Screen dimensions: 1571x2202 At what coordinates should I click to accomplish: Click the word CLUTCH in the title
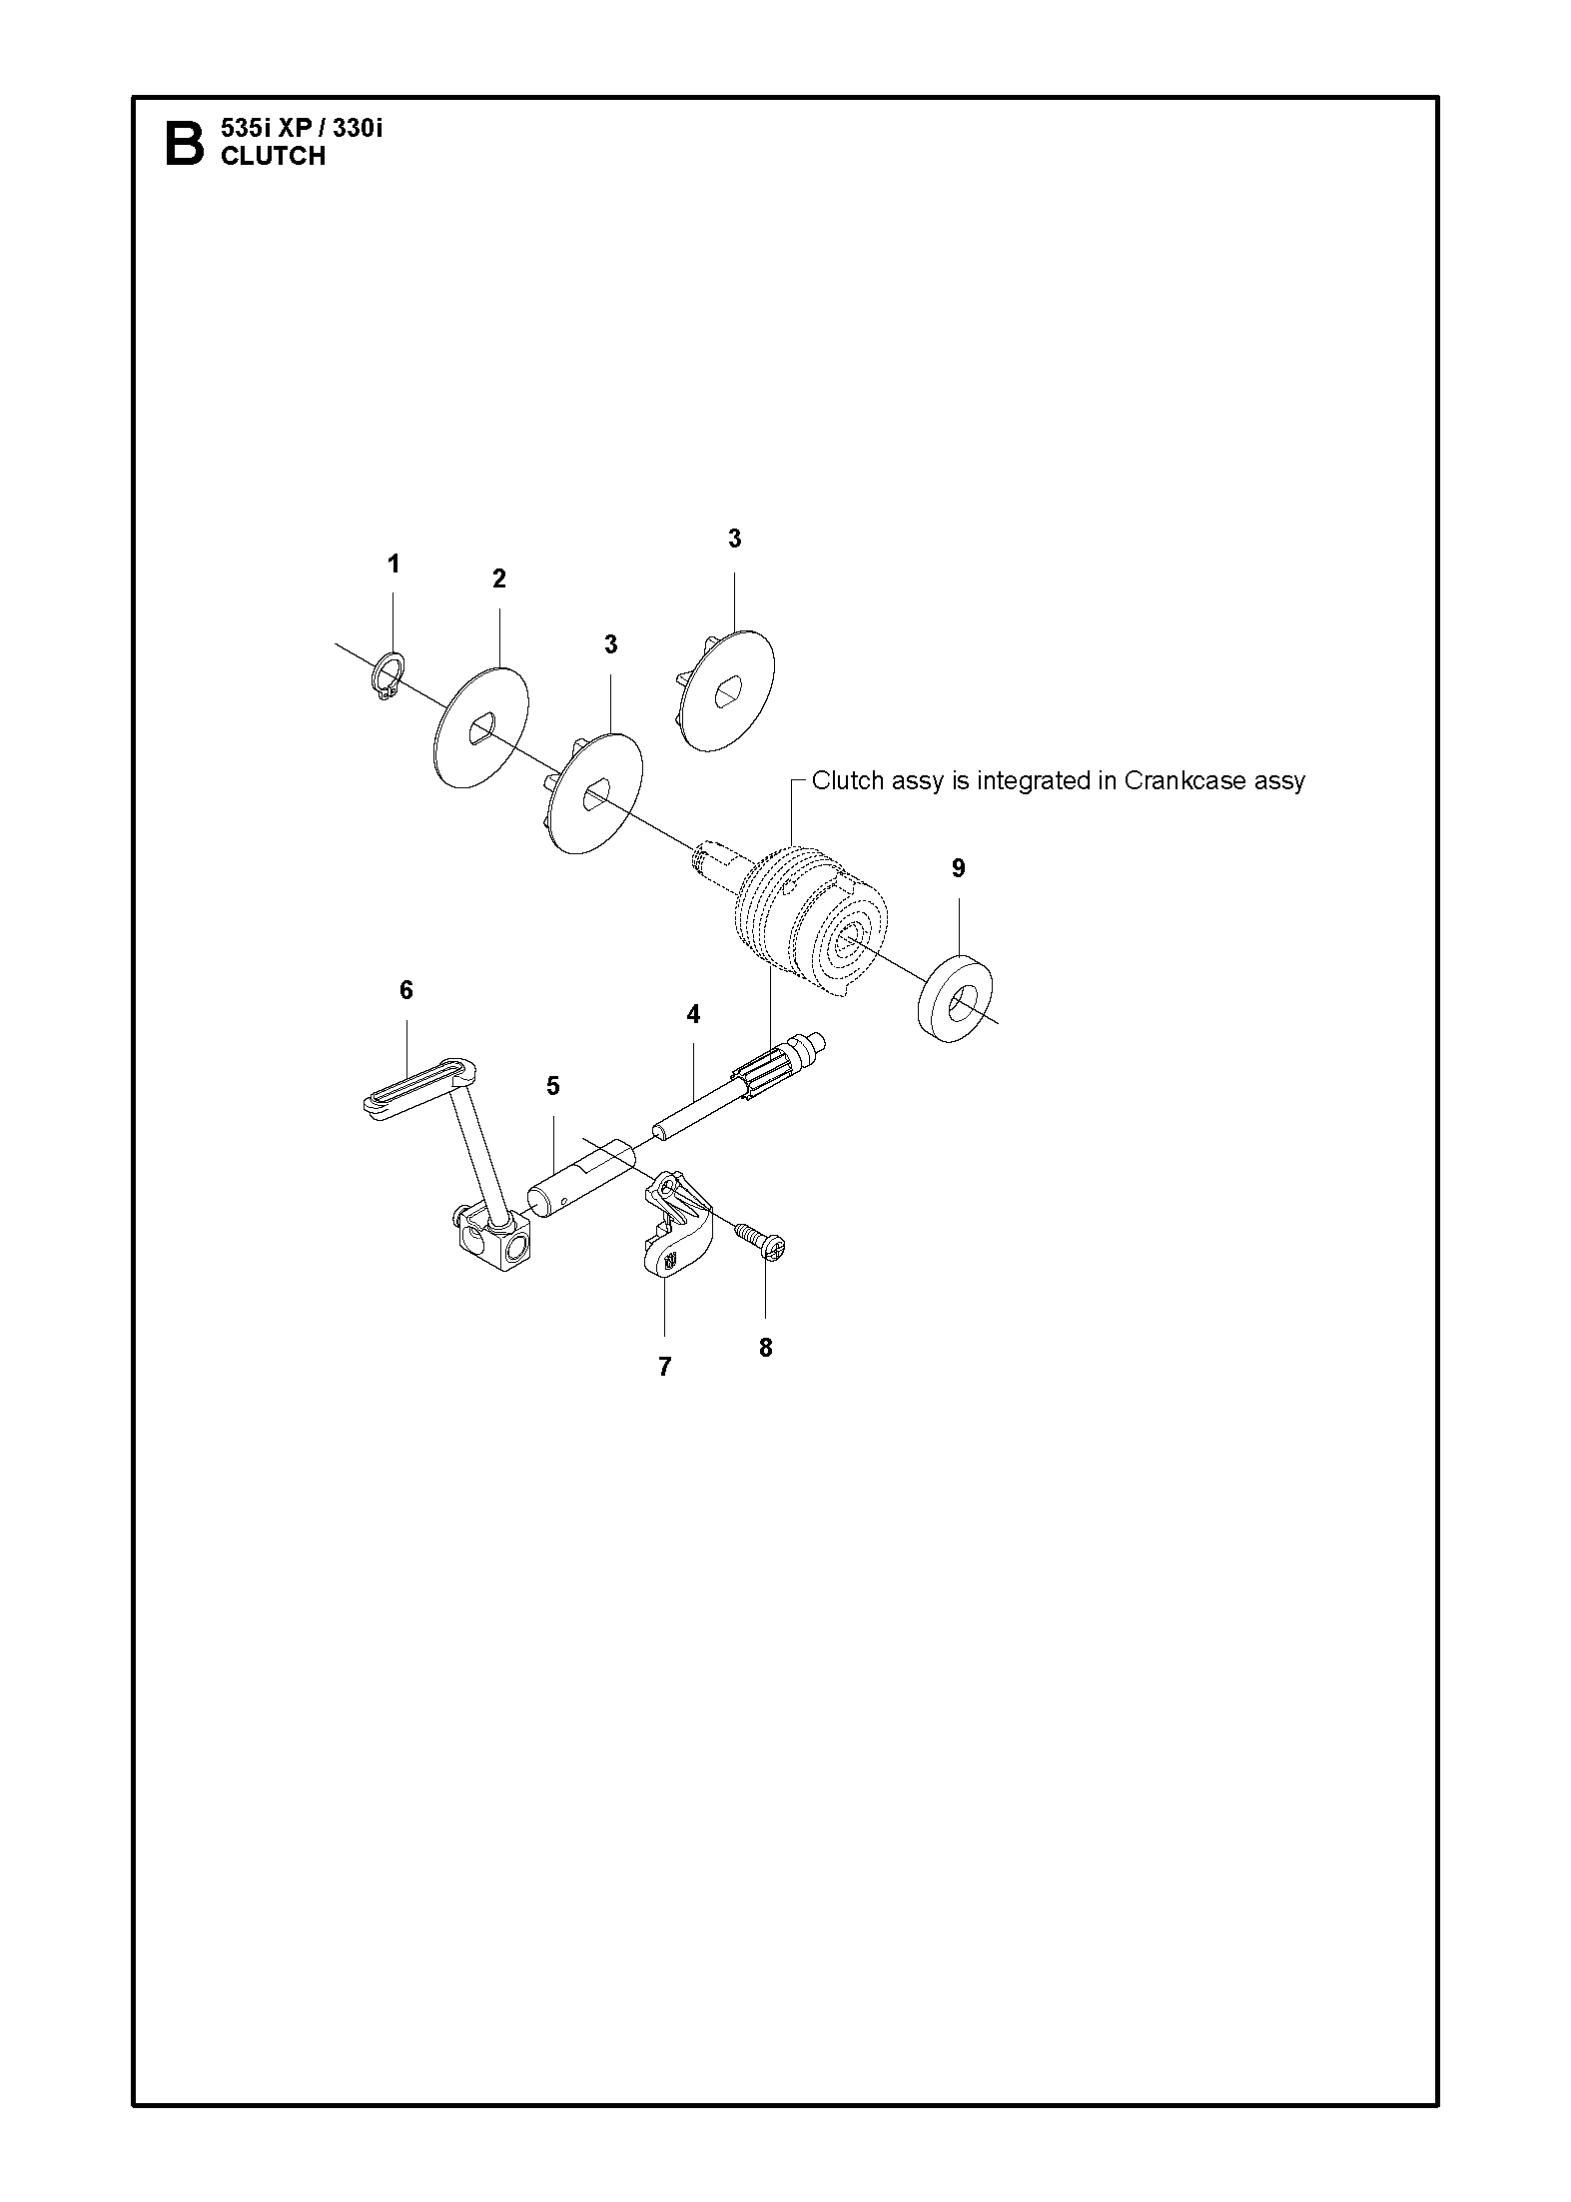[x=273, y=156]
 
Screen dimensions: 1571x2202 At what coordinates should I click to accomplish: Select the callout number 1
[x=393, y=564]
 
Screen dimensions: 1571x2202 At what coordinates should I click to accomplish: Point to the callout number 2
[x=499, y=578]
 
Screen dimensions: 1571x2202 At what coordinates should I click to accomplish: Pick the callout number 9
[x=959, y=868]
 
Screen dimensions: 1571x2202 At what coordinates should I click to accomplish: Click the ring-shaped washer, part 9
[x=954, y=1000]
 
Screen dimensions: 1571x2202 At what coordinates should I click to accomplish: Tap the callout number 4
[x=693, y=1015]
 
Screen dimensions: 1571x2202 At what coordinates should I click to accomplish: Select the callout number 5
[x=553, y=1086]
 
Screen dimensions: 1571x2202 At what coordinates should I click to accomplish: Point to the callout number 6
[x=405, y=990]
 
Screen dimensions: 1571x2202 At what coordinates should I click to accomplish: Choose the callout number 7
[x=665, y=1367]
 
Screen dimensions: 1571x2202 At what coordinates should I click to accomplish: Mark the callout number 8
[x=766, y=1349]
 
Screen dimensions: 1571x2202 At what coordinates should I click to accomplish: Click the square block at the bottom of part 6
[x=493, y=1243]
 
